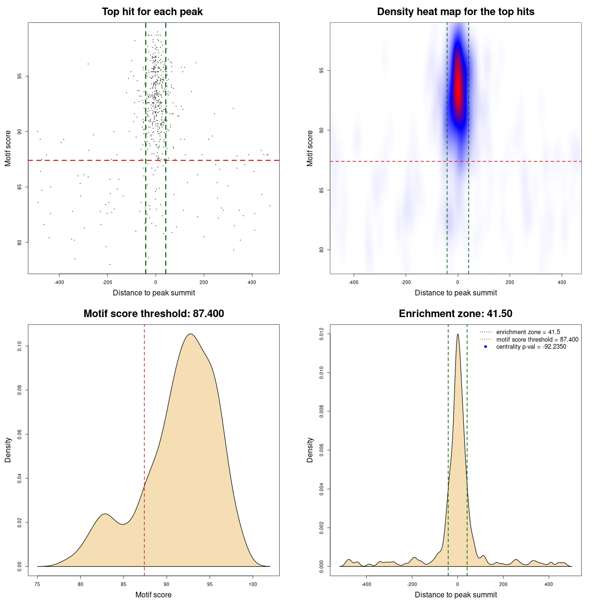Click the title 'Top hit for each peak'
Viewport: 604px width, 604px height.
click(152, 12)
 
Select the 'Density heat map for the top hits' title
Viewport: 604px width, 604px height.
click(455, 12)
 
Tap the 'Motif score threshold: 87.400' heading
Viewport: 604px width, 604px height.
click(153, 314)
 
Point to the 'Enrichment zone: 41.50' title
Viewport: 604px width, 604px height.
click(455, 314)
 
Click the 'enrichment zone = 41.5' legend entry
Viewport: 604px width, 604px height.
click(528, 332)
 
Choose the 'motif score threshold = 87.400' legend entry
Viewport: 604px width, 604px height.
click(537, 339)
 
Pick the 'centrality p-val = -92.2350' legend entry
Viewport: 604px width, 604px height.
click(531, 347)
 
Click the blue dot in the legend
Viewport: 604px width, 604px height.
click(486, 347)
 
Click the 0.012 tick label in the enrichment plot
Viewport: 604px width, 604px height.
click(322, 334)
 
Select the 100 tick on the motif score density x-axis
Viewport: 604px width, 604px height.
click(253, 584)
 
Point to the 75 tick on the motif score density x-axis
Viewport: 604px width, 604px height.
click(37, 584)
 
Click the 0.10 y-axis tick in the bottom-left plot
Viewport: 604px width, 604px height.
click(20, 346)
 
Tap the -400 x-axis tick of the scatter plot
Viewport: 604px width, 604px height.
click(59, 282)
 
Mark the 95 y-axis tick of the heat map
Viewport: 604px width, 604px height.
click(322, 71)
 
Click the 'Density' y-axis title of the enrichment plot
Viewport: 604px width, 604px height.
click(310, 450)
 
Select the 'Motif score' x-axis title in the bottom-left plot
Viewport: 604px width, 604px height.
click(153, 595)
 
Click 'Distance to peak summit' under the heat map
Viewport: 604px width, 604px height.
click(455, 293)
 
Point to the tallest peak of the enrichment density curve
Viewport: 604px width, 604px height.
click(458, 335)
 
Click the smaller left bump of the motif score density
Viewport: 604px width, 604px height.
click(105, 514)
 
